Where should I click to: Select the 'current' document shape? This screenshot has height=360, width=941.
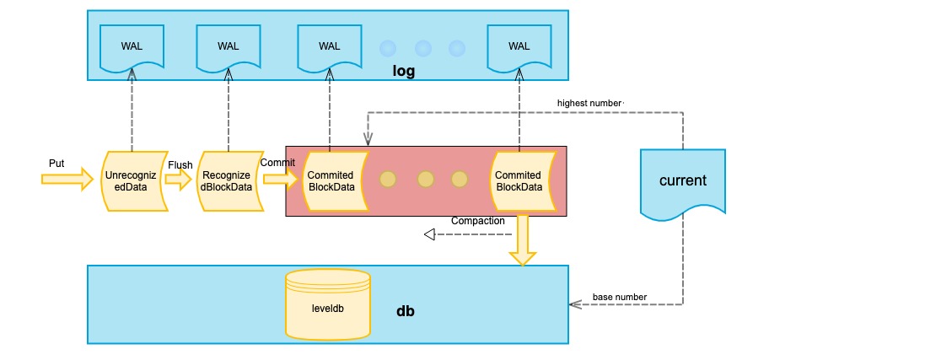click(x=682, y=182)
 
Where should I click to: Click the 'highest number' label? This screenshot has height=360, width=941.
click(x=589, y=103)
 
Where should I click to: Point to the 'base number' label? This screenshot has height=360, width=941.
click(x=620, y=297)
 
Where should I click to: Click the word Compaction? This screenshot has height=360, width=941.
click(x=477, y=221)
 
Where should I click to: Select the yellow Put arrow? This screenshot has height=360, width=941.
click(x=67, y=178)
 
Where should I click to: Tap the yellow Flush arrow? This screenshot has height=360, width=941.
click(x=180, y=179)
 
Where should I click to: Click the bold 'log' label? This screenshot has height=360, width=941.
click(x=404, y=71)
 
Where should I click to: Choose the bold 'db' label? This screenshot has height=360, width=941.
click(x=406, y=311)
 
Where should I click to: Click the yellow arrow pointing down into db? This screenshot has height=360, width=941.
click(x=523, y=240)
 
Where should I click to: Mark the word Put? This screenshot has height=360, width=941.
click(x=56, y=162)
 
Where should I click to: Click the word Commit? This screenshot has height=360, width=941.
click(x=277, y=162)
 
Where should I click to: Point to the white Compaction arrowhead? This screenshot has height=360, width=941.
click(x=429, y=234)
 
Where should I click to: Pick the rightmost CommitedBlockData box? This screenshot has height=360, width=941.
click(x=520, y=181)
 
